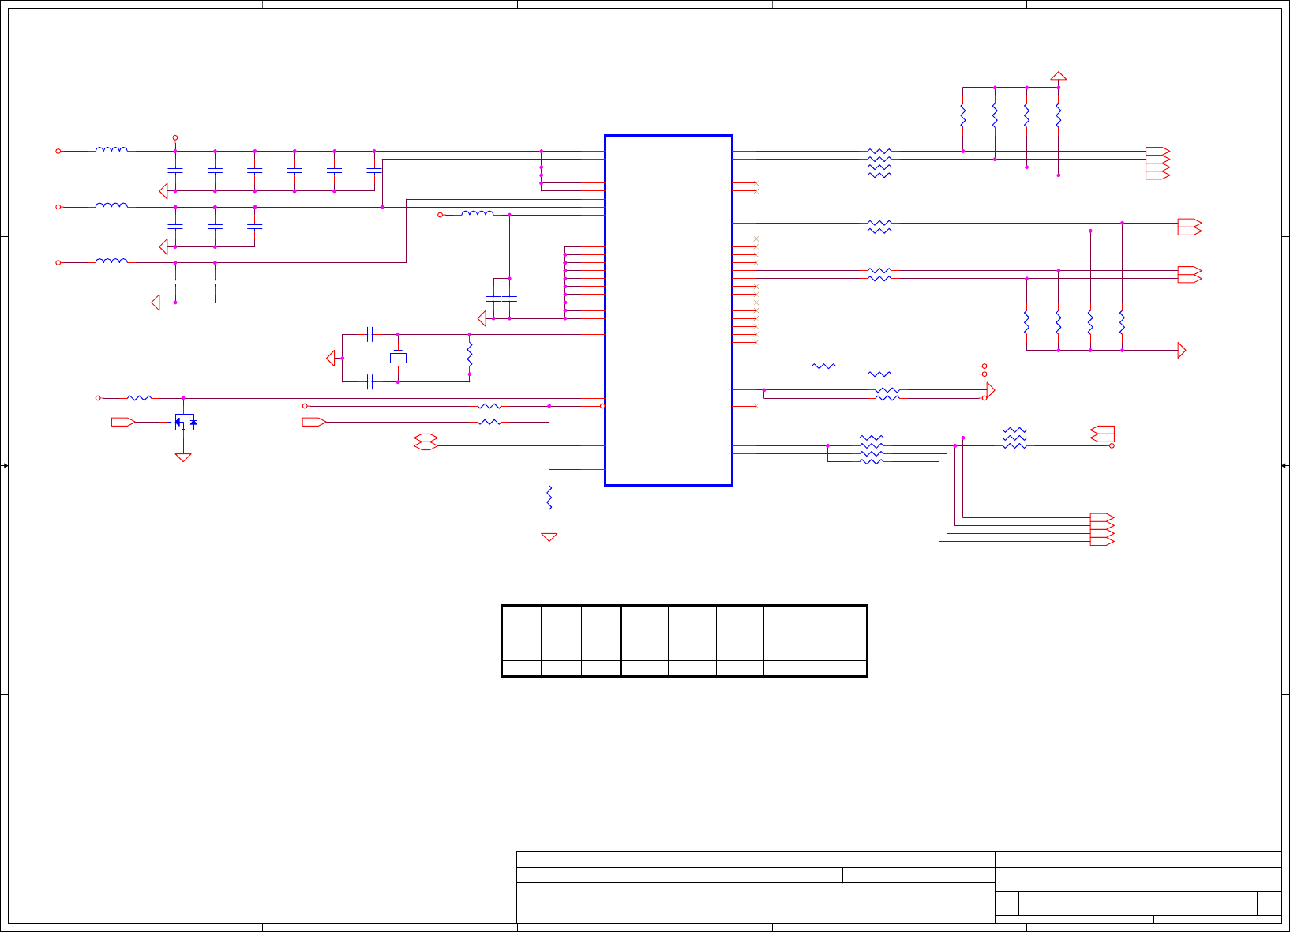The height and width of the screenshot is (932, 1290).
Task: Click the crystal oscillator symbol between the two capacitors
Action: pos(398,359)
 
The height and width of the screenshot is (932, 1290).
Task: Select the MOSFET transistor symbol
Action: pos(183,422)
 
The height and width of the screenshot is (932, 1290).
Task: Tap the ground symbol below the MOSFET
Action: pos(183,457)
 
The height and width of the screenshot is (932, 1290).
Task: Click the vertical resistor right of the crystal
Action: pos(470,354)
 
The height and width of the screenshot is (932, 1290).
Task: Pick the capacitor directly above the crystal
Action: pos(369,334)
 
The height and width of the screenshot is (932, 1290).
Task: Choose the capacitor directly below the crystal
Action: pos(369,382)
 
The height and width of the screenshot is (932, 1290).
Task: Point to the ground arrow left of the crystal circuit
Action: pos(331,359)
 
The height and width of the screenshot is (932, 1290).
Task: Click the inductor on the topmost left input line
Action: pos(111,150)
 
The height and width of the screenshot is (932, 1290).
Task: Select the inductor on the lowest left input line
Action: pos(111,261)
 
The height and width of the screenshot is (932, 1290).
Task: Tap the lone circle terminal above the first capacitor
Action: pos(175,137)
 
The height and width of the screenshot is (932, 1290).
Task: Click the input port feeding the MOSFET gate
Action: pos(122,422)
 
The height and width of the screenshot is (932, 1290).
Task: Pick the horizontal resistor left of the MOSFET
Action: pos(140,398)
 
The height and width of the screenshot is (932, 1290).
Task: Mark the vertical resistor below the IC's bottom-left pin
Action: pos(549,498)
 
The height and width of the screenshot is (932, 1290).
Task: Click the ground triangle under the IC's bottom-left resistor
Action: pos(549,537)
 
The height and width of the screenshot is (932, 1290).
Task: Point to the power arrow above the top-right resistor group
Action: pos(1059,76)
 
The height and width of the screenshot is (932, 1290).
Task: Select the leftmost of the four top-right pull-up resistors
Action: pos(963,116)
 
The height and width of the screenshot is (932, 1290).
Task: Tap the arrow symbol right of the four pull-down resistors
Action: pos(1181,350)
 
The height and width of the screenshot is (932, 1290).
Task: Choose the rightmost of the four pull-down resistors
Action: pos(1122,322)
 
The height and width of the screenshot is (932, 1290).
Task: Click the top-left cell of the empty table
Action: pos(521,618)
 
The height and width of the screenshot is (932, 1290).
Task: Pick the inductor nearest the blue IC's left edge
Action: pos(478,213)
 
